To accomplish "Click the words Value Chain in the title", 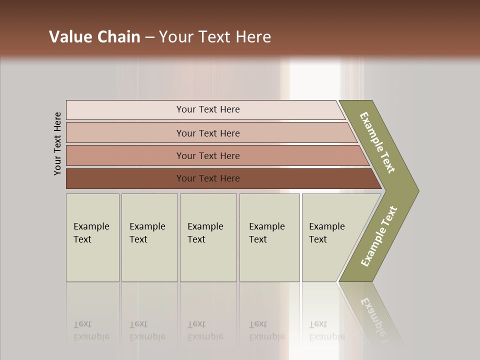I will click(x=94, y=37).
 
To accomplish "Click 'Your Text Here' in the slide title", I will click(x=215, y=37).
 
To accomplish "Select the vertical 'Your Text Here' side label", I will click(x=57, y=143).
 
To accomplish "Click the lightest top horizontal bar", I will click(x=207, y=109).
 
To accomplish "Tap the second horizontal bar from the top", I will click(x=207, y=133).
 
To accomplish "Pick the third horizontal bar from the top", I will click(x=207, y=155).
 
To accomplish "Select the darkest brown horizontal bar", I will click(x=207, y=178).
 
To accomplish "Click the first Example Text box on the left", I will click(x=92, y=237).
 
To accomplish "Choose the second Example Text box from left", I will click(x=149, y=237).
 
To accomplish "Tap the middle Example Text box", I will click(x=208, y=237).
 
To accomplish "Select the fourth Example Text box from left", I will click(x=269, y=237).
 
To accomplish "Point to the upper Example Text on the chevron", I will click(x=377, y=142).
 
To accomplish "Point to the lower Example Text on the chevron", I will click(x=379, y=236).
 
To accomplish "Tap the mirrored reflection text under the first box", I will click(x=91, y=330).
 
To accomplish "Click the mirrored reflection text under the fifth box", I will click(x=326, y=330).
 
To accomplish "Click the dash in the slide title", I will click(x=149, y=37).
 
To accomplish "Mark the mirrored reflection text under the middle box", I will click(x=205, y=330).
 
